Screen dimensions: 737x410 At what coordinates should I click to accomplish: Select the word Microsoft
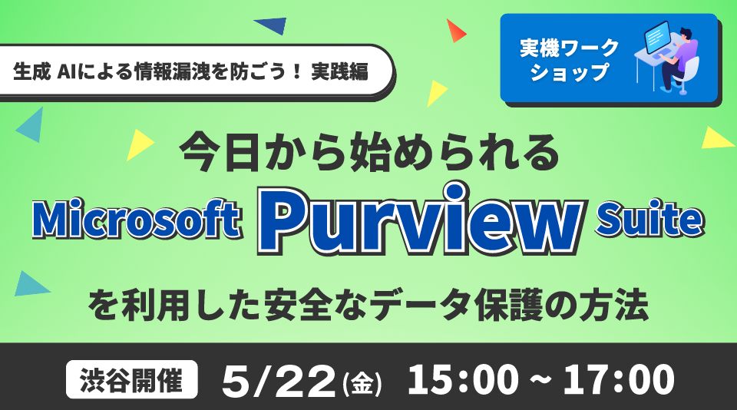point(137,220)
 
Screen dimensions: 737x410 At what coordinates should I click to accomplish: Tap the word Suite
point(650,218)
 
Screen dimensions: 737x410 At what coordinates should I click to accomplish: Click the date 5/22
point(278,381)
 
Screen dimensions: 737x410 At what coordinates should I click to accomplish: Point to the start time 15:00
point(463,379)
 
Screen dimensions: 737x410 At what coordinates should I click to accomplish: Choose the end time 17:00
point(619,379)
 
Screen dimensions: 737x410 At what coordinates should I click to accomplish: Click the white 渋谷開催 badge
point(131,379)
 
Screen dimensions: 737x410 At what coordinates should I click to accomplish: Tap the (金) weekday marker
point(362,383)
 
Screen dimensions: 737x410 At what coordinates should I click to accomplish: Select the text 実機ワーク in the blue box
point(569,48)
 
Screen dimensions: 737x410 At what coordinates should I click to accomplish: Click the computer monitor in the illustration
point(657,37)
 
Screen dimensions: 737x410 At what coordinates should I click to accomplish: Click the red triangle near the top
point(455,31)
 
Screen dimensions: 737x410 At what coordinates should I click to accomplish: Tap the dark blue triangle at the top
point(272,25)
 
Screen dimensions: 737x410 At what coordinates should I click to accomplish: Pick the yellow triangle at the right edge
point(717,139)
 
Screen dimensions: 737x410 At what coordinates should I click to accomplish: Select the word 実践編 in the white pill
point(339,72)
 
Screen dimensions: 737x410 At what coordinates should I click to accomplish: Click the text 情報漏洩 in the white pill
point(172,72)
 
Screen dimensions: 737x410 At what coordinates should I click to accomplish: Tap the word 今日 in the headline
point(220,153)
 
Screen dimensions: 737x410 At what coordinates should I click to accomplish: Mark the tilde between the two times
point(541,379)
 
